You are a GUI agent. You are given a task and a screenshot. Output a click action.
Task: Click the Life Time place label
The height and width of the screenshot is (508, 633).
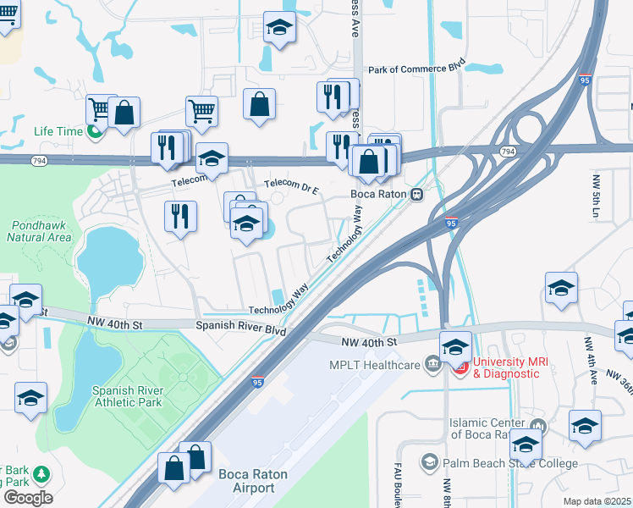58,131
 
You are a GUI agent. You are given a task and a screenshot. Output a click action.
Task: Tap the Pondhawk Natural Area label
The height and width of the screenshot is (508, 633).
39,232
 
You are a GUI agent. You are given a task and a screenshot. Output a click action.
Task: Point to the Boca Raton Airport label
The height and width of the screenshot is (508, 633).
247,482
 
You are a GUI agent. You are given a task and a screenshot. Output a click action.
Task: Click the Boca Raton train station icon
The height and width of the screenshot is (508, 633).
416,194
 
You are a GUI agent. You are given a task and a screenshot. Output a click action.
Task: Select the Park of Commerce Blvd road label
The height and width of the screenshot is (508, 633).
417,68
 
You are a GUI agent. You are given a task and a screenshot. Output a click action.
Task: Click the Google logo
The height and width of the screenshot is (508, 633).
27,498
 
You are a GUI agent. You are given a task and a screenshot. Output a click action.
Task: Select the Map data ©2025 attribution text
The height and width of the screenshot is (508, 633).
597,501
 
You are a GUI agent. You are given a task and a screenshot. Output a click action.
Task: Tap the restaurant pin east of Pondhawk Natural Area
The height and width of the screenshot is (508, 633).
179,217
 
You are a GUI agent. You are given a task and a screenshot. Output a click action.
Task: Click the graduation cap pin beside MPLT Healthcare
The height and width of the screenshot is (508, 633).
455,346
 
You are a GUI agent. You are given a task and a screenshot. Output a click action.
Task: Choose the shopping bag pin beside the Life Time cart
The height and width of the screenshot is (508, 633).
124,113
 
